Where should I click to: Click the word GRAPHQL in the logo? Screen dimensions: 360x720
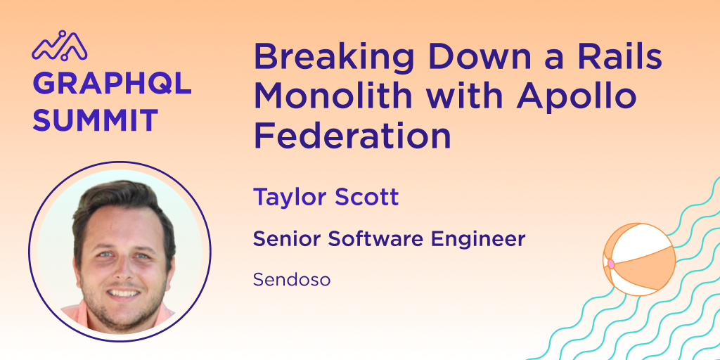(x=112, y=83)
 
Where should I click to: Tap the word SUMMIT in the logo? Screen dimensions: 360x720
(x=95, y=120)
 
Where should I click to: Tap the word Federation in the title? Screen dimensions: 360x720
(x=352, y=135)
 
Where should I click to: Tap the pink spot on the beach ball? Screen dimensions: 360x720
(x=611, y=264)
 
